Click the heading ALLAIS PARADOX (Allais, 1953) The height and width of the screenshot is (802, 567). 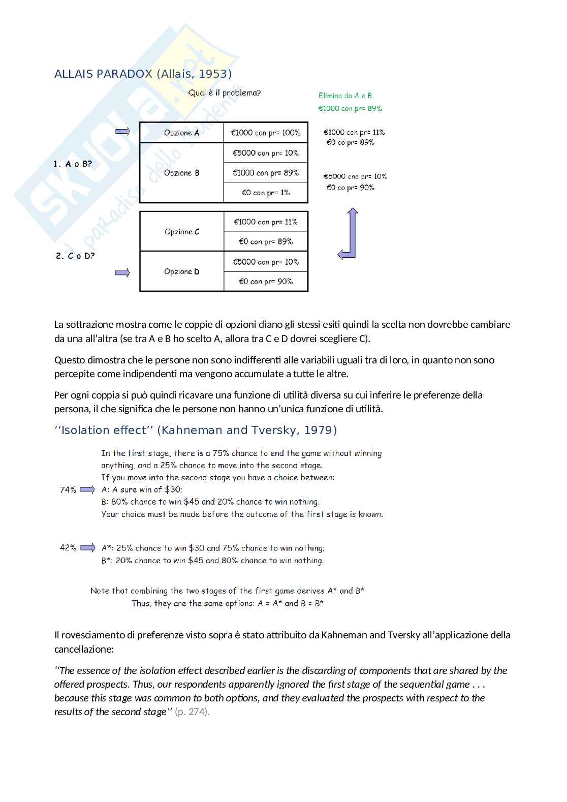(x=143, y=74)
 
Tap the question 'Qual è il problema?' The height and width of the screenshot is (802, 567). (x=225, y=93)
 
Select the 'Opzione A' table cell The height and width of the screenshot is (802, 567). (x=181, y=133)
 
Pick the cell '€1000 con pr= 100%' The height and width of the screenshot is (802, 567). (x=266, y=133)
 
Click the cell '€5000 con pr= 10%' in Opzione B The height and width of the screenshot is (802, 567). (x=266, y=153)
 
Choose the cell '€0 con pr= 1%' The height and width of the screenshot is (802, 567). (x=266, y=193)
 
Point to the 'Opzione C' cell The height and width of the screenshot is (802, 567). (x=182, y=232)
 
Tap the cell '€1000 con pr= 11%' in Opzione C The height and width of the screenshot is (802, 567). (x=266, y=222)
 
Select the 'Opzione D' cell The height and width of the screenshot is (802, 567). (x=182, y=271)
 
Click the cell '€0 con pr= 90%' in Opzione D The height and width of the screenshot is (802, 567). (x=266, y=281)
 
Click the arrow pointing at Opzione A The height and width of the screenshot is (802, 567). (x=122, y=132)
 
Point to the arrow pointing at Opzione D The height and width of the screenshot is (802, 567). (x=122, y=273)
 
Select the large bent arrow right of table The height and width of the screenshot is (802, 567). (x=349, y=234)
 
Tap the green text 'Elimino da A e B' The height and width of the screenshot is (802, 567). (x=345, y=96)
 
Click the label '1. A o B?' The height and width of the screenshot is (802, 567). (x=73, y=164)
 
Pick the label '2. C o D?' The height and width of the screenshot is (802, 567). (x=75, y=256)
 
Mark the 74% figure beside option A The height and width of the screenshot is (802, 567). (x=68, y=490)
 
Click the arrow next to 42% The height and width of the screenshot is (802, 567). (x=87, y=548)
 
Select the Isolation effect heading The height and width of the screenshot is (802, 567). (x=196, y=430)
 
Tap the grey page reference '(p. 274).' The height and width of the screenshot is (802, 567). (x=192, y=712)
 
